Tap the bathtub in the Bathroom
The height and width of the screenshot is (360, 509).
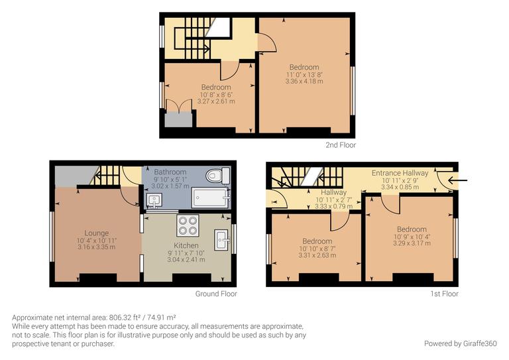tap(210, 198)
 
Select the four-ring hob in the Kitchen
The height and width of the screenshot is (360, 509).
tap(186, 225)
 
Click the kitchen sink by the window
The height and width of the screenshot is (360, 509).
tap(221, 235)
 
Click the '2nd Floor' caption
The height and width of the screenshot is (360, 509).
tap(341, 145)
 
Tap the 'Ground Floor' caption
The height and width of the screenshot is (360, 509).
tap(216, 294)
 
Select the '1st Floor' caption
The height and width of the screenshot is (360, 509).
tap(445, 294)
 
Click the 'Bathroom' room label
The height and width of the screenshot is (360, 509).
tap(170, 172)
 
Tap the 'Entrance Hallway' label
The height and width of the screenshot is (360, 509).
tap(400, 173)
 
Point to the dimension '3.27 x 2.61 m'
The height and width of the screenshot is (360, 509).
tap(216, 102)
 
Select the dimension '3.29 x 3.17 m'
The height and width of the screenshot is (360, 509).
tap(412, 243)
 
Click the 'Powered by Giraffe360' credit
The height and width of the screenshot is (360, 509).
tap(460, 343)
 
